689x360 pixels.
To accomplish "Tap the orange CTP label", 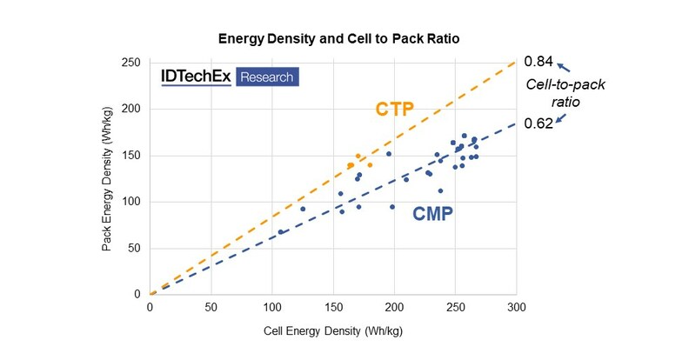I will point(394,110).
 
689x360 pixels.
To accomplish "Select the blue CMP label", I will point(432,213).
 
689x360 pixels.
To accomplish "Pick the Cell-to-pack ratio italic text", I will point(567,93).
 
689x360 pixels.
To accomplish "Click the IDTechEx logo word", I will point(196,77).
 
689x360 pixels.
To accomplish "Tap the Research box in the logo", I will point(266,77).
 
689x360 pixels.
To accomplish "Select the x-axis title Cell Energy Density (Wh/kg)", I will point(333,331).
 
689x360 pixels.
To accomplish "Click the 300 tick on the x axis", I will point(516,307).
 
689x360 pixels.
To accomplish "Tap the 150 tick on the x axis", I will point(333,307).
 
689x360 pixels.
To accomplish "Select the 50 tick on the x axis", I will point(211,307).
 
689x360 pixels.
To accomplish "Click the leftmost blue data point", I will point(281,232).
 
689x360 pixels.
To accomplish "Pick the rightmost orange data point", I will point(370,165).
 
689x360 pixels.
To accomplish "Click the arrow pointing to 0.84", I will point(563,66).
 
